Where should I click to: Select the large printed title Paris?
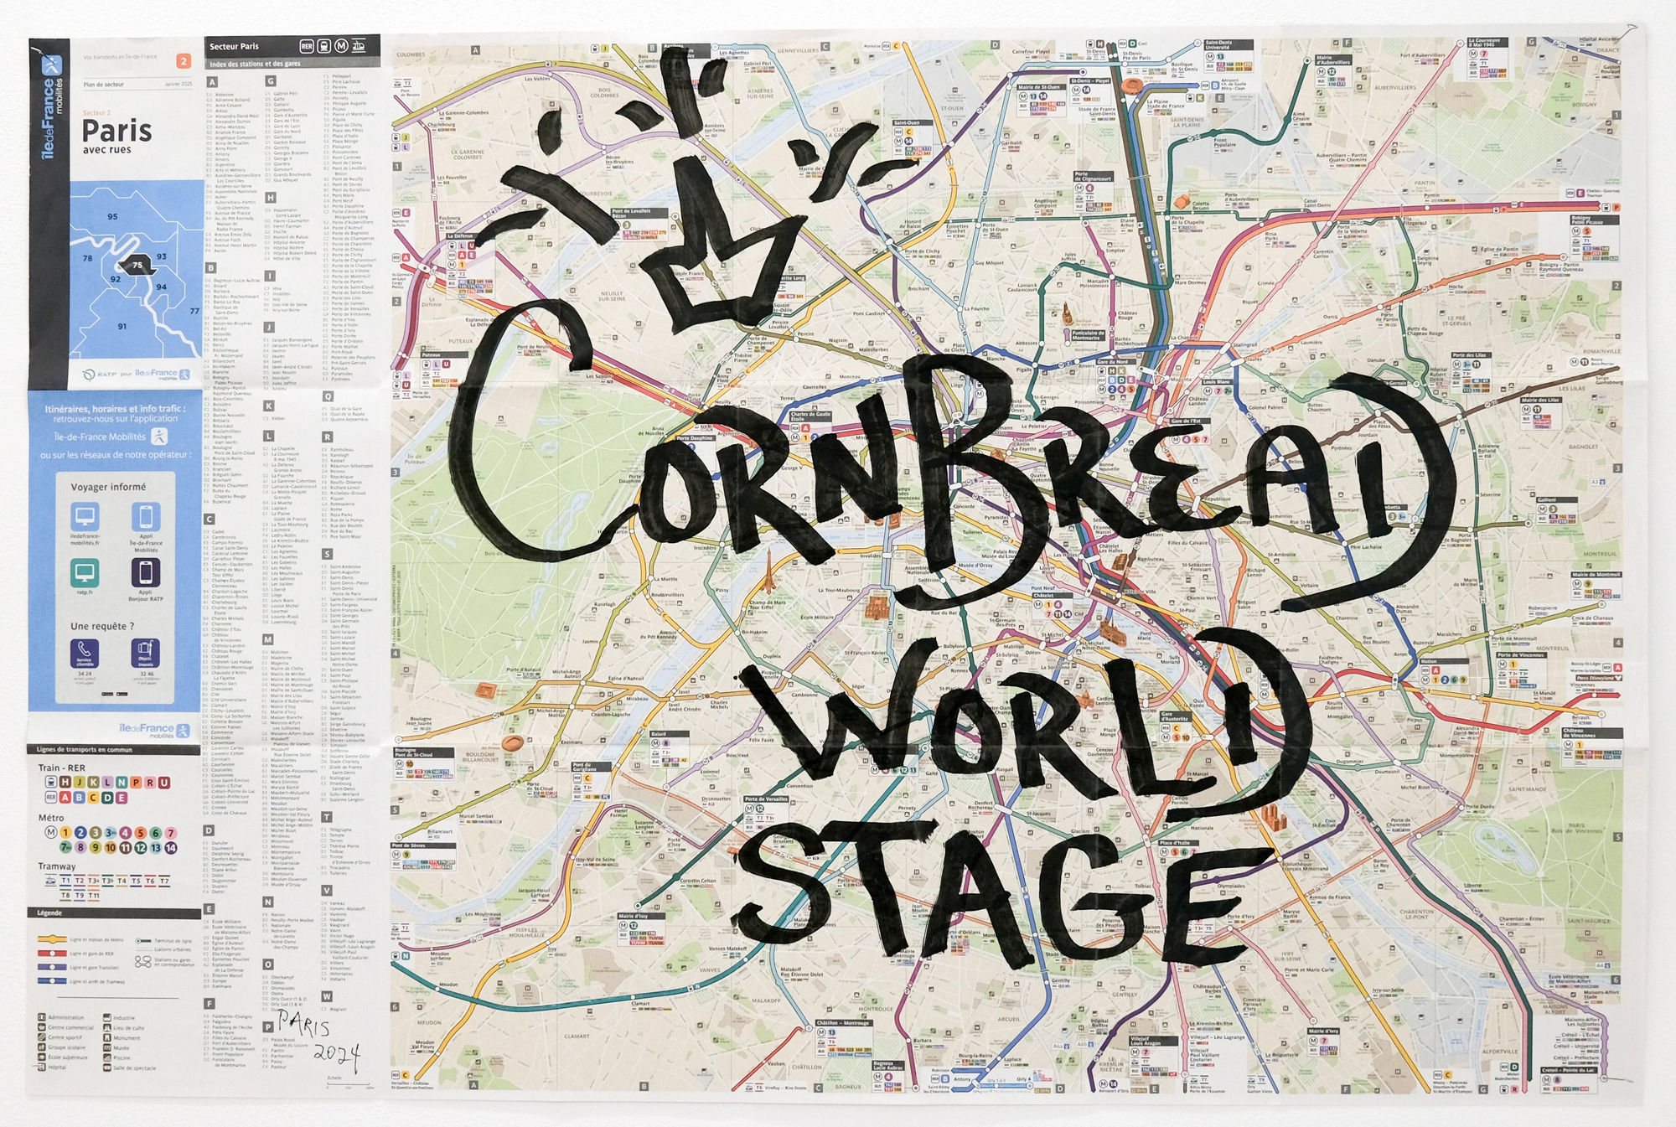[116, 132]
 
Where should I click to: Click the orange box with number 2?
[184, 61]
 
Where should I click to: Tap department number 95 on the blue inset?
[112, 217]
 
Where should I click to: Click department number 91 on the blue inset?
[122, 327]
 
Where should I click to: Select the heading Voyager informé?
[108, 487]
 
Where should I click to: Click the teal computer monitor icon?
[85, 573]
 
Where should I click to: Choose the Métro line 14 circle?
[171, 848]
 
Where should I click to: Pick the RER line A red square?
[65, 798]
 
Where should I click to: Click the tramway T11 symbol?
[94, 896]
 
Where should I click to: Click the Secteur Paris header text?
[235, 47]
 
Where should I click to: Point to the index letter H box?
[271, 198]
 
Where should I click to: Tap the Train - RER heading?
[62, 768]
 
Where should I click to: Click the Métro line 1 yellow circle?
[65, 833]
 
